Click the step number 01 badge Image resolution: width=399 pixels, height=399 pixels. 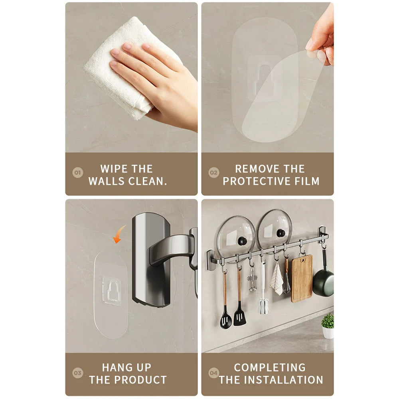tap(78, 173)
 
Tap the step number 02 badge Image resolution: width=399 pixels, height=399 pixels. tap(214, 173)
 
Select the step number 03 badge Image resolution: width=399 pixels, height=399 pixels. tap(78, 373)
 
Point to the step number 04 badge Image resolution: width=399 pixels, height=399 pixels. tap(214, 373)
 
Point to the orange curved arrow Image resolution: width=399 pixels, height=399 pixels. tap(119, 234)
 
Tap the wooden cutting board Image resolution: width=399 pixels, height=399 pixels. tap(301, 278)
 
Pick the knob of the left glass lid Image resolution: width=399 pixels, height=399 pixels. tap(243, 241)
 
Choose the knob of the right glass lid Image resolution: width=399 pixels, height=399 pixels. tap(281, 233)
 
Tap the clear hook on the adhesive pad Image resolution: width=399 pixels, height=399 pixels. tap(111, 290)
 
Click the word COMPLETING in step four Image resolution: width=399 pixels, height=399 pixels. tap(270, 367)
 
